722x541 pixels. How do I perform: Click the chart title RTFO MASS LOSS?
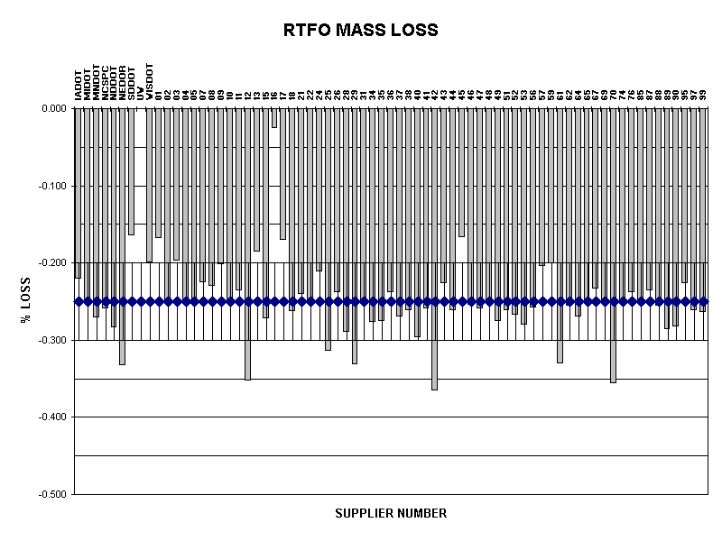pyautogui.click(x=360, y=30)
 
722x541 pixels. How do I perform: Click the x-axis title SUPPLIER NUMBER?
pyautogui.click(x=390, y=514)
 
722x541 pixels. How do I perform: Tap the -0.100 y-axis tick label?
pyautogui.click(x=51, y=186)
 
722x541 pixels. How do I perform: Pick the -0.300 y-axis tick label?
pyautogui.click(x=51, y=340)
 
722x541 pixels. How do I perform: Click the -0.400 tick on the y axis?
pyautogui.click(x=51, y=417)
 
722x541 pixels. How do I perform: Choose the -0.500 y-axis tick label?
pyautogui.click(x=51, y=494)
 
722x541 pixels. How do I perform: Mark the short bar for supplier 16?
pyautogui.click(x=274, y=118)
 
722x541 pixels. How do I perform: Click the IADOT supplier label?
pyautogui.click(x=79, y=85)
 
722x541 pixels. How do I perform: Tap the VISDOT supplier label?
pyautogui.click(x=150, y=80)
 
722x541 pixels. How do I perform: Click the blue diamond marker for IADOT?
pyautogui.click(x=78, y=301)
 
